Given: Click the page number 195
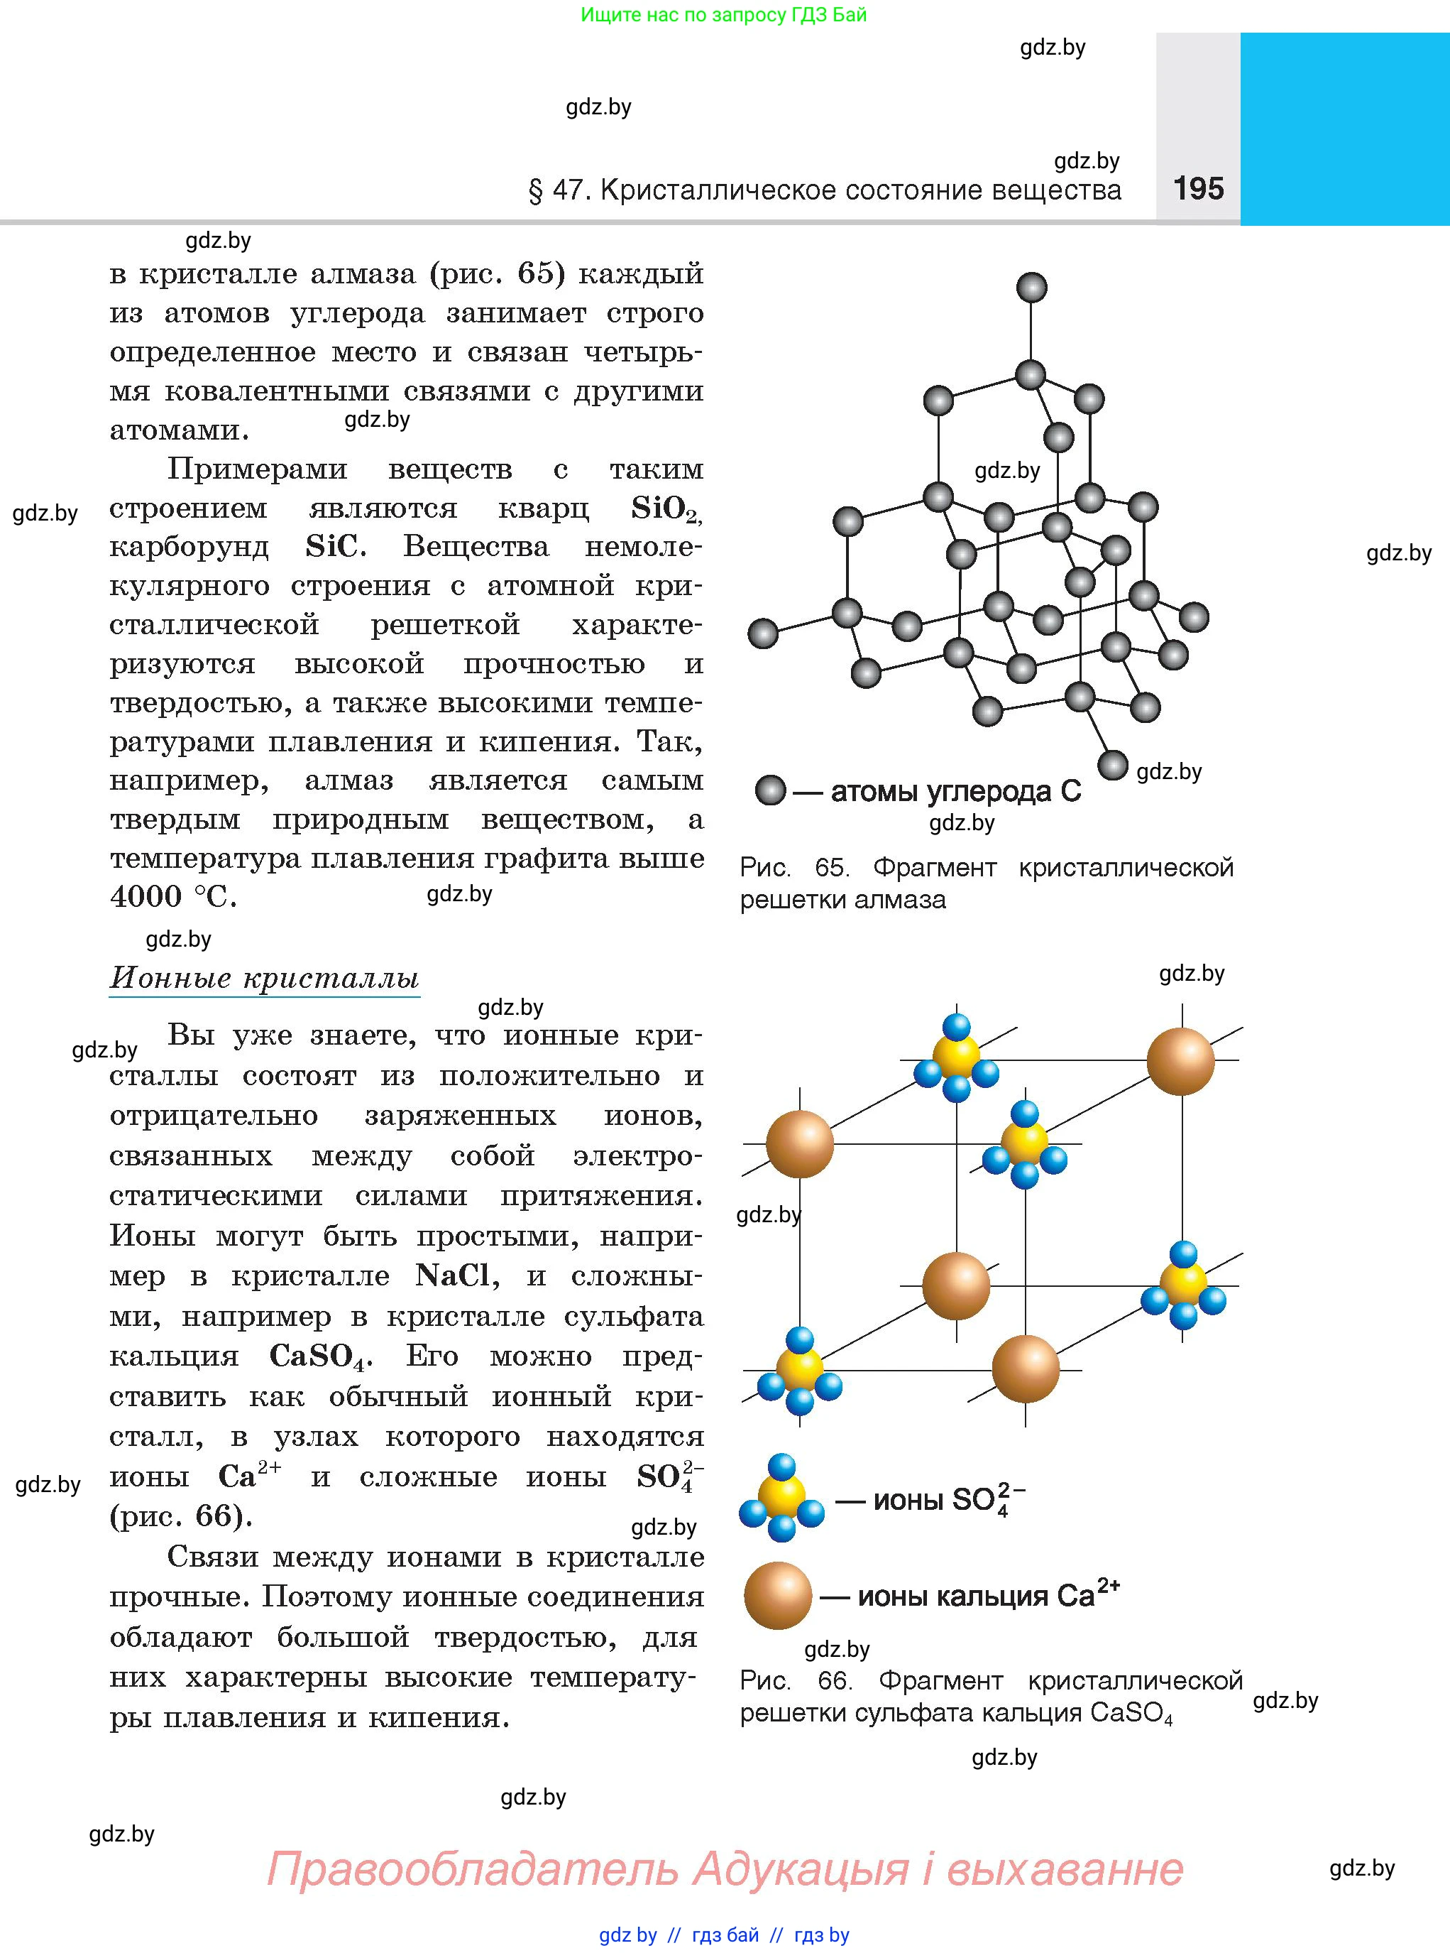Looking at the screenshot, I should click(1198, 188).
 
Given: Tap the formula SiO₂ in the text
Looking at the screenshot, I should click(664, 508).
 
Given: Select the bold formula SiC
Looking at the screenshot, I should click(334, 547).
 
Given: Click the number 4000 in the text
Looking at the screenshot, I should click(145, 896).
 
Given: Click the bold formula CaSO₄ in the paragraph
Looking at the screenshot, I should click(319, 1356).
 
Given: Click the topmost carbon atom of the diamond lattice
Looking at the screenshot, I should click(1031, 287).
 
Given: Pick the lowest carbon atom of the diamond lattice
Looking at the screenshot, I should click(1113, 765).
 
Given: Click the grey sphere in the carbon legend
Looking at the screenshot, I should click(771, 790).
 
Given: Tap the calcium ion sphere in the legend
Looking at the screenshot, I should click(778, 1596).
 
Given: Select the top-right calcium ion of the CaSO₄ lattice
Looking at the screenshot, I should click(1180, 1061).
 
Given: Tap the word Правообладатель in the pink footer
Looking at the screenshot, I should click(472, 1870).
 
